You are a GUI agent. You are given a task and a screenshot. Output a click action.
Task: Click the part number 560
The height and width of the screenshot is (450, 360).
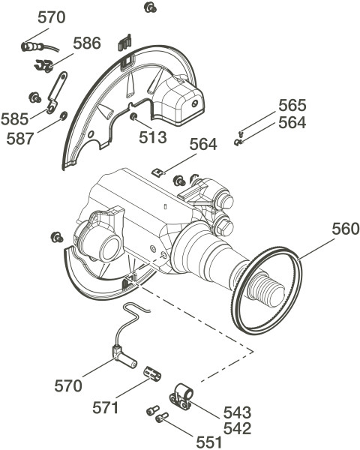346,229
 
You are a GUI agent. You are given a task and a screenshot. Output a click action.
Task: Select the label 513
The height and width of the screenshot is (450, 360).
153,137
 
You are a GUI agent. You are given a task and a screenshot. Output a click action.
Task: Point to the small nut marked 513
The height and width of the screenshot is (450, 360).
133,116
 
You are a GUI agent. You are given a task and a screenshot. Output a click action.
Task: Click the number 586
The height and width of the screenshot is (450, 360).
87,43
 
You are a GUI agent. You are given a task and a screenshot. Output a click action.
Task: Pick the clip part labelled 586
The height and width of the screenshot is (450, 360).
44,65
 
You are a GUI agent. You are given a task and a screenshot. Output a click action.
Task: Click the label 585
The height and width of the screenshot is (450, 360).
15,119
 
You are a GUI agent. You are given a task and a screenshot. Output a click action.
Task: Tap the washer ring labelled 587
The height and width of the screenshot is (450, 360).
63,115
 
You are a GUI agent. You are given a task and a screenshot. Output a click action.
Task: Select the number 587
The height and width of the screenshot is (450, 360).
20,139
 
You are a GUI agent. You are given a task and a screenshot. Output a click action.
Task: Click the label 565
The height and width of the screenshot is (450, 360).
292,105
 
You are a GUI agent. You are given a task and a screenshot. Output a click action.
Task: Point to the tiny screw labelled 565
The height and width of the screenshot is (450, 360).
241,133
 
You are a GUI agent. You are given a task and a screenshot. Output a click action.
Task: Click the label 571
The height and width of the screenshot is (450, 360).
105,407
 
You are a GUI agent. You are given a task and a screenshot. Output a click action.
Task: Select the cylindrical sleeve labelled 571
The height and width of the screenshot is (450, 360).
152,373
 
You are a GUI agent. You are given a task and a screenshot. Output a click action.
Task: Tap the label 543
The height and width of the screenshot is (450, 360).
238,412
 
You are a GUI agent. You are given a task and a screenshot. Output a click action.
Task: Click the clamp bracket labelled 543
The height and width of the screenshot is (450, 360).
181,397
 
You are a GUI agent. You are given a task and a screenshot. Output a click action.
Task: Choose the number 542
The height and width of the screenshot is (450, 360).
238,428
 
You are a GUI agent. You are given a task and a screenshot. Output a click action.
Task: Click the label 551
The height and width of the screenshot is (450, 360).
209,442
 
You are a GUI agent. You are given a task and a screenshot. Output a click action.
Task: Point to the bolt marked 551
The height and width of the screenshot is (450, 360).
162,418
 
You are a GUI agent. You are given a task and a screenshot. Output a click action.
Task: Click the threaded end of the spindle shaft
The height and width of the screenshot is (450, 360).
266,292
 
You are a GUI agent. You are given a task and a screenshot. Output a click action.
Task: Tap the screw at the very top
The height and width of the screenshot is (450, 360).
150,7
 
